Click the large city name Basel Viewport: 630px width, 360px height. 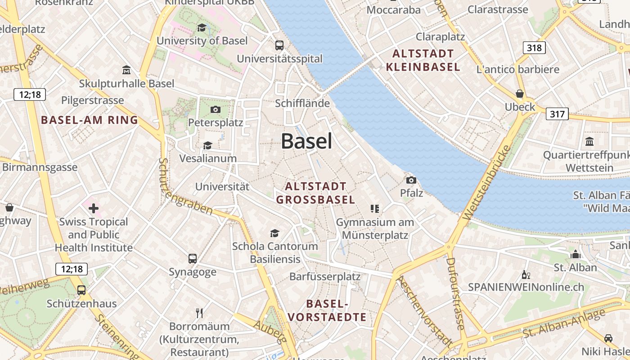pos(307,141)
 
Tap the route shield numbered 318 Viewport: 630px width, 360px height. pos(534,47)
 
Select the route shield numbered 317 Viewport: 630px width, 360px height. pos(557,114)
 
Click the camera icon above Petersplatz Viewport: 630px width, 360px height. pos(215,109)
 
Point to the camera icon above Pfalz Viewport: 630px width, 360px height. pos(411,180)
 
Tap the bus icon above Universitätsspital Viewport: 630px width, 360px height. pos(279,45)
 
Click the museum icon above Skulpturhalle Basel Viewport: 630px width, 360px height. pos(126,70)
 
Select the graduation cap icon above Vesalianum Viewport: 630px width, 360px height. pos(207,145)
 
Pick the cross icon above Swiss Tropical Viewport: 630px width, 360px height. pos(94,208)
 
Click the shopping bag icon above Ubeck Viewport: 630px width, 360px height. pos(520,94)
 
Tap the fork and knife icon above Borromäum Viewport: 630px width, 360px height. pos(199,313)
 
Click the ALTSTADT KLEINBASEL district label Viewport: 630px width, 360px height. pos(423,60)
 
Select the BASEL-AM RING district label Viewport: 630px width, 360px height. pos(90,120)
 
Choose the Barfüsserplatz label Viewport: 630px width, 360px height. pos(325,276)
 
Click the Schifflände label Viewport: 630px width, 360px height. pos(302,103)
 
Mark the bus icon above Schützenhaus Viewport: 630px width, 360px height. pos(81,290)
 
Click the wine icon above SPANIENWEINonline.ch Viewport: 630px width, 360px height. pos(526,274)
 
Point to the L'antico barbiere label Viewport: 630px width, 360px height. pos(518,69)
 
